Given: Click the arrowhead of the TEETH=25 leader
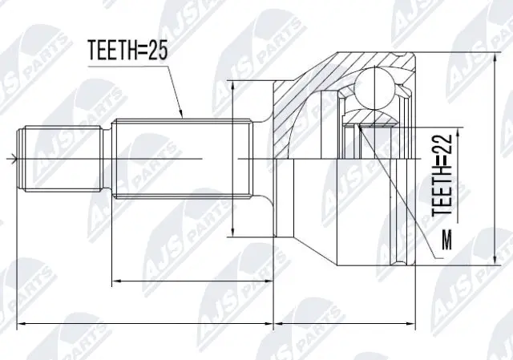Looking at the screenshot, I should click(184, 116).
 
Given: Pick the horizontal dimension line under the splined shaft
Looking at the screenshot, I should click(192, 281).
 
